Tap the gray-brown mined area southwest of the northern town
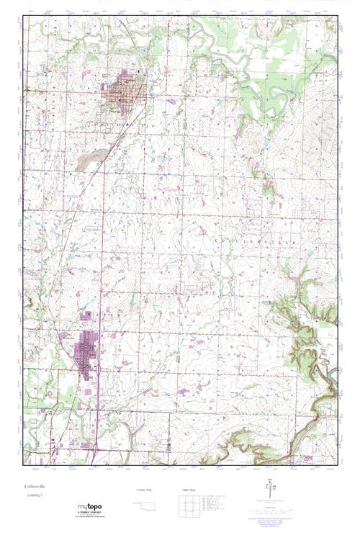coord(88,160)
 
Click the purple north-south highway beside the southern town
coord(100,360)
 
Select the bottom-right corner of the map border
coord(337,465)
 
